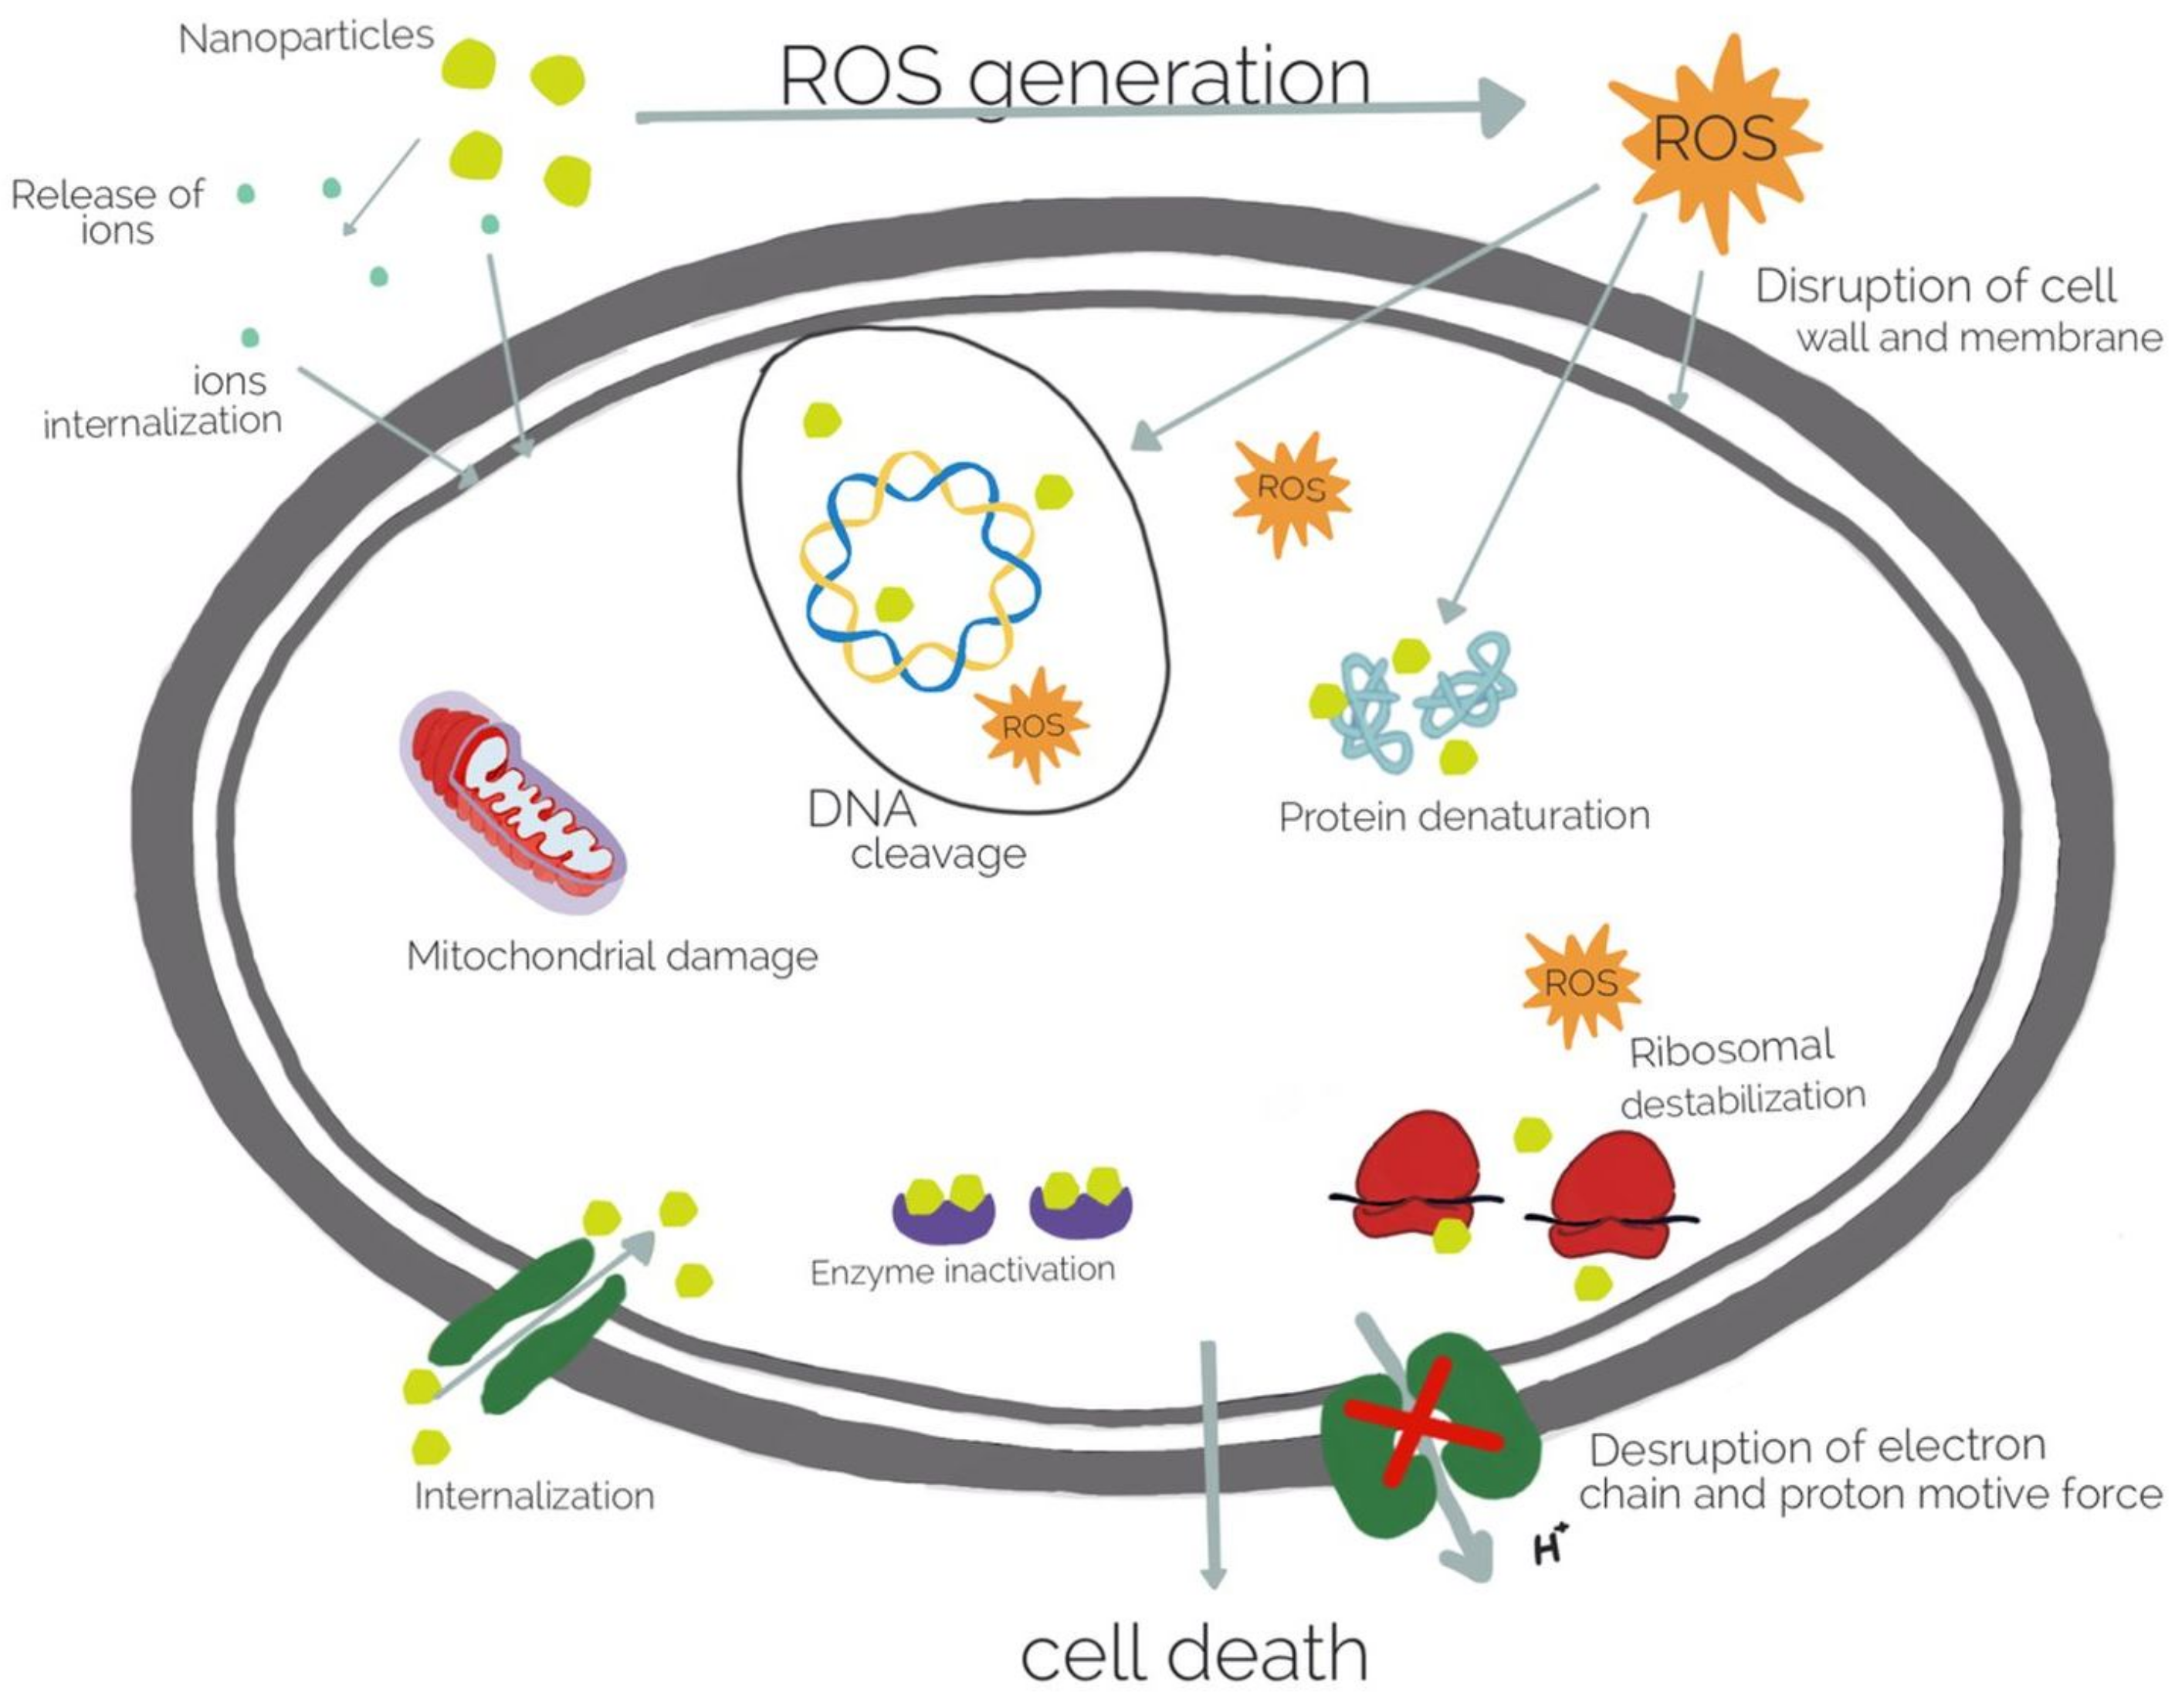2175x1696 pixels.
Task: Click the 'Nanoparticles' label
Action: [x=306, y=38]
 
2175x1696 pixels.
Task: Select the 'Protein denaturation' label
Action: [x=1464, y=817]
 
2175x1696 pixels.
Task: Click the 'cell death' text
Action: [x=1193, y=1654]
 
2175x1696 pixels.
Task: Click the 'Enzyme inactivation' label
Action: [x=962, y=1271]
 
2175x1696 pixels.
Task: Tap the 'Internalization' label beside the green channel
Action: [x=534, y=1497]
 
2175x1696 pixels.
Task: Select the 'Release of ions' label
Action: [x=107, y=211]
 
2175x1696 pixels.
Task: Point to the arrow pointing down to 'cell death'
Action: [x=1211, y=1464]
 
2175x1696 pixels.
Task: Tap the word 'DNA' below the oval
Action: [x=862, y=810]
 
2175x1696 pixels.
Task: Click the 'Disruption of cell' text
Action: [x=1935, y=287]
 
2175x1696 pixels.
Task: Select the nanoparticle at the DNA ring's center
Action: [x=893, y=604]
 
